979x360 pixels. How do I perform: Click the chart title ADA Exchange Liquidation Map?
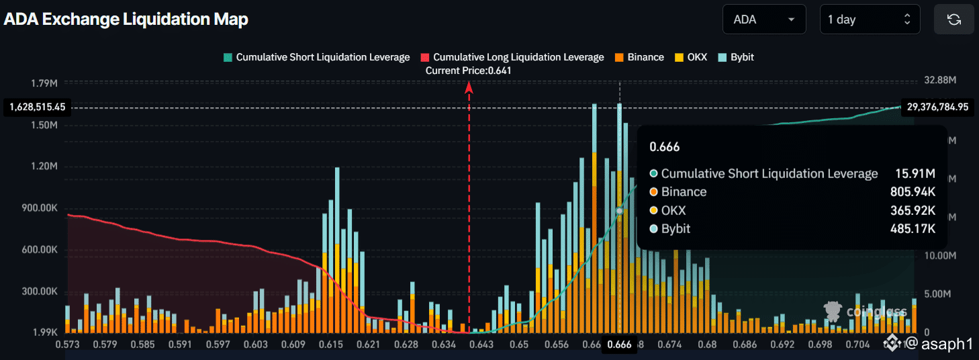pyautogui.click(x=126, y=19)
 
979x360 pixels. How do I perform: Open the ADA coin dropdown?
pyautogui.click(x=763, y=19)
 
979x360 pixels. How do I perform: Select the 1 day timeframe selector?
pyautogui.click(x=870, y=19)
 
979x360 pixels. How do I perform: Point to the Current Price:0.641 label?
pyautogui.click(x=469, y=70)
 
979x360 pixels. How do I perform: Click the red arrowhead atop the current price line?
pyautogui.click(x=469, y=86)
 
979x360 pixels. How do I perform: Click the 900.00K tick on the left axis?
pyautogui.click(x=40, y=208)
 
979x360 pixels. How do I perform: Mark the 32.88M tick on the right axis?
pyautogui.click(x=940, y=80)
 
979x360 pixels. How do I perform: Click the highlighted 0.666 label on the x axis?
pyautogui.click(x=619, y=345)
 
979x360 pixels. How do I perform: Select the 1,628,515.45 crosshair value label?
pyautogui.click(x=37, y=107)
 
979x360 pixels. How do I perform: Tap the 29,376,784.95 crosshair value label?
pyautogui.click(x=937, y=107)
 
